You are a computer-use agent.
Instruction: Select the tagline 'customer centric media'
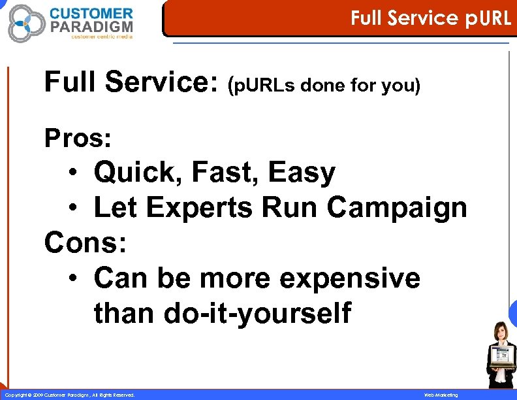102,37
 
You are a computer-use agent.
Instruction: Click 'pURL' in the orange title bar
488,18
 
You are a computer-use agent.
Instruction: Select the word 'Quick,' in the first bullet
138,173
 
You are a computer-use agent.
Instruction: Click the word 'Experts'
200,208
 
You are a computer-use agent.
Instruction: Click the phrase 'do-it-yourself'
258,313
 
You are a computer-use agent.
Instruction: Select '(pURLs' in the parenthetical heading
258,86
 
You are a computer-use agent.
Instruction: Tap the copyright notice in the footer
69,395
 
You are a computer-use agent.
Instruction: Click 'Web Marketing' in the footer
441,395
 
